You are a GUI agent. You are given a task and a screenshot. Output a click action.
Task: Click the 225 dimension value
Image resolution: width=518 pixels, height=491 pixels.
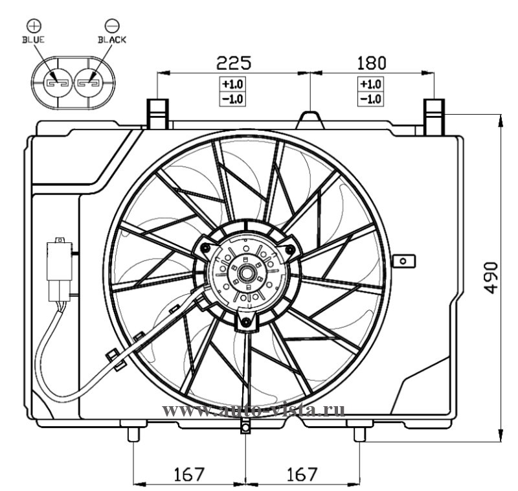coord(234,63)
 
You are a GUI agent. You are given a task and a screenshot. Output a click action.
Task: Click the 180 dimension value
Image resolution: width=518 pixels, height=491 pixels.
coord(371,63)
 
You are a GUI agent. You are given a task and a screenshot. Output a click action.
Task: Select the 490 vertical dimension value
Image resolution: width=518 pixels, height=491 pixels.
coord(491,278)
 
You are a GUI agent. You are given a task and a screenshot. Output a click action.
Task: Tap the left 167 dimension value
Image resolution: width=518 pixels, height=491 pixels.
coord(189,474)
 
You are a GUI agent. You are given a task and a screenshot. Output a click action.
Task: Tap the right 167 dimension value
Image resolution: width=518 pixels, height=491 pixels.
coord(302,474)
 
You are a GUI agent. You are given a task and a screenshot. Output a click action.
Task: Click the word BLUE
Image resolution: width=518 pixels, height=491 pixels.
coord(34,40)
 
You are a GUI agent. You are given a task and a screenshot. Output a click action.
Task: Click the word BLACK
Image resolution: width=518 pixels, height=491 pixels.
coord(112,40)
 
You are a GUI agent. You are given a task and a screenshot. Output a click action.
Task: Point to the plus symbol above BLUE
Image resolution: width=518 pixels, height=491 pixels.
coord(34,25)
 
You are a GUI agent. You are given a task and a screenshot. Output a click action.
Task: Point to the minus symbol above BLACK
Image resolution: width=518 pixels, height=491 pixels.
coord(112,25)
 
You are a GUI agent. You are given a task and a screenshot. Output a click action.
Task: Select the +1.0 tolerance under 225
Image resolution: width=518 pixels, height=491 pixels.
coord(232,84)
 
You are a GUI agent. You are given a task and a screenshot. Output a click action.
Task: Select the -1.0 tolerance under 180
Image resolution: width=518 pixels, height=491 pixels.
coord(370,99)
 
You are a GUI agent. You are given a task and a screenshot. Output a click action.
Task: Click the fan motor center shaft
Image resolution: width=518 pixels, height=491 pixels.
coord(247,273)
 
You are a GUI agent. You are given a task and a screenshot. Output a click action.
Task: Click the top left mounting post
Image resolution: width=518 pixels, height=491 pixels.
coord(157,113)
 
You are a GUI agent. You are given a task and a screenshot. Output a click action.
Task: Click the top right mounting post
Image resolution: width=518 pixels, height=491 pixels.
coord(434,117)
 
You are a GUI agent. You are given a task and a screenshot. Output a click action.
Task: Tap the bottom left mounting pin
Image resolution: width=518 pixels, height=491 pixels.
coord(133,434)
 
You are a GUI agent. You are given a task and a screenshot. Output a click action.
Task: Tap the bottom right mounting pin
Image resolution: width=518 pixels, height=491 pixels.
coord(360,434)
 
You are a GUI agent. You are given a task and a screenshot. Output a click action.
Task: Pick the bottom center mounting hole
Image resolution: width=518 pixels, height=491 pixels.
coord(245,428)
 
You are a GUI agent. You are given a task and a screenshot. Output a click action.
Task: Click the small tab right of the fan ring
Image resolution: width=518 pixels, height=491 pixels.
coord(403,261)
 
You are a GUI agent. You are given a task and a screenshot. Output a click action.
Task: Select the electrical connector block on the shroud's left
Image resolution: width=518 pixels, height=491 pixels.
coord(60,269)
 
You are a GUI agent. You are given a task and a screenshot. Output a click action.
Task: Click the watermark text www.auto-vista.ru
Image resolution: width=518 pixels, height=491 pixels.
coord(253,411)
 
